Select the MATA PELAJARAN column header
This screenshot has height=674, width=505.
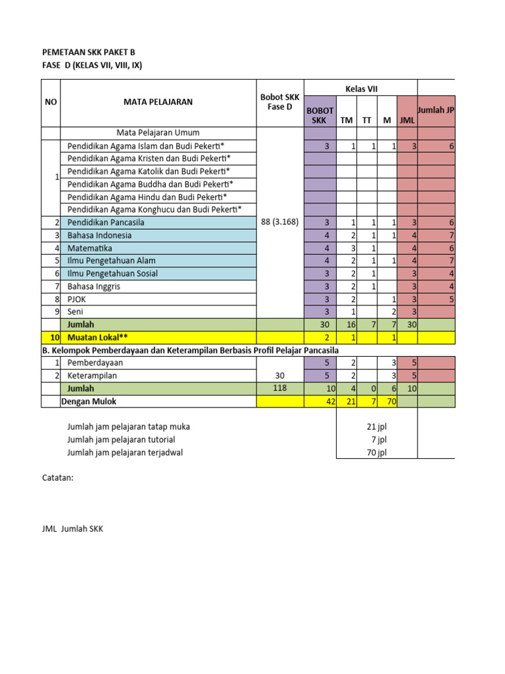tap(158, 102)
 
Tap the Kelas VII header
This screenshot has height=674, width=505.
tap(361, 89)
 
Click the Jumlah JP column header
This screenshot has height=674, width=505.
tap(437, 110)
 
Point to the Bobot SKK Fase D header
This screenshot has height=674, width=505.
tap(280, 102)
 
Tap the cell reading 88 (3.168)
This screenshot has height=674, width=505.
tap(280, 222)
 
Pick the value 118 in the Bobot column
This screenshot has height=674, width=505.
tap(280, 388)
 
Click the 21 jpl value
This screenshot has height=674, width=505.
tap(377, 427)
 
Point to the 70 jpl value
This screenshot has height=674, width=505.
tap(377, 452)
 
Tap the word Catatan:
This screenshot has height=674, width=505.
tap(58, 478)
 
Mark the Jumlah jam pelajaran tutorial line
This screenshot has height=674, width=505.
tap(121, 439)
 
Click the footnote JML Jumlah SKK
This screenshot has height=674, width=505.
tap(72, 529)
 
